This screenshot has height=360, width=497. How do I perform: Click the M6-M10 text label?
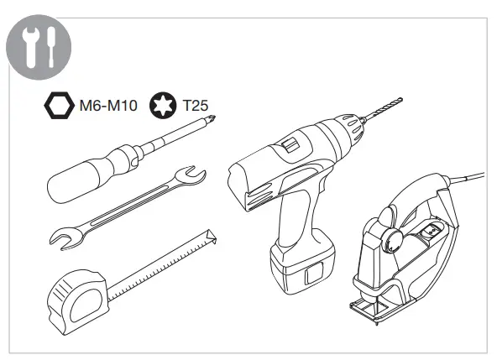(x=108, y=106)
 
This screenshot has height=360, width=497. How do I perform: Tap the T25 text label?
(x=196, y=106)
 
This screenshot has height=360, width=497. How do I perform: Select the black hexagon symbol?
(x=60, y=106)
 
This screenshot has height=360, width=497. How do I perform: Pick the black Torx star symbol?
(x=163, y=105)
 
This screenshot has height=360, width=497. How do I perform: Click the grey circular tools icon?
(x=39, y=47)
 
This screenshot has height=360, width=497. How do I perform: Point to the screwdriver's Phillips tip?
(x=212, y=119)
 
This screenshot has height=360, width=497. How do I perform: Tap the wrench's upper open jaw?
(x=191, y=175)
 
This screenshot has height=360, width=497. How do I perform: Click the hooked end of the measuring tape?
(x=212, y=236)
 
